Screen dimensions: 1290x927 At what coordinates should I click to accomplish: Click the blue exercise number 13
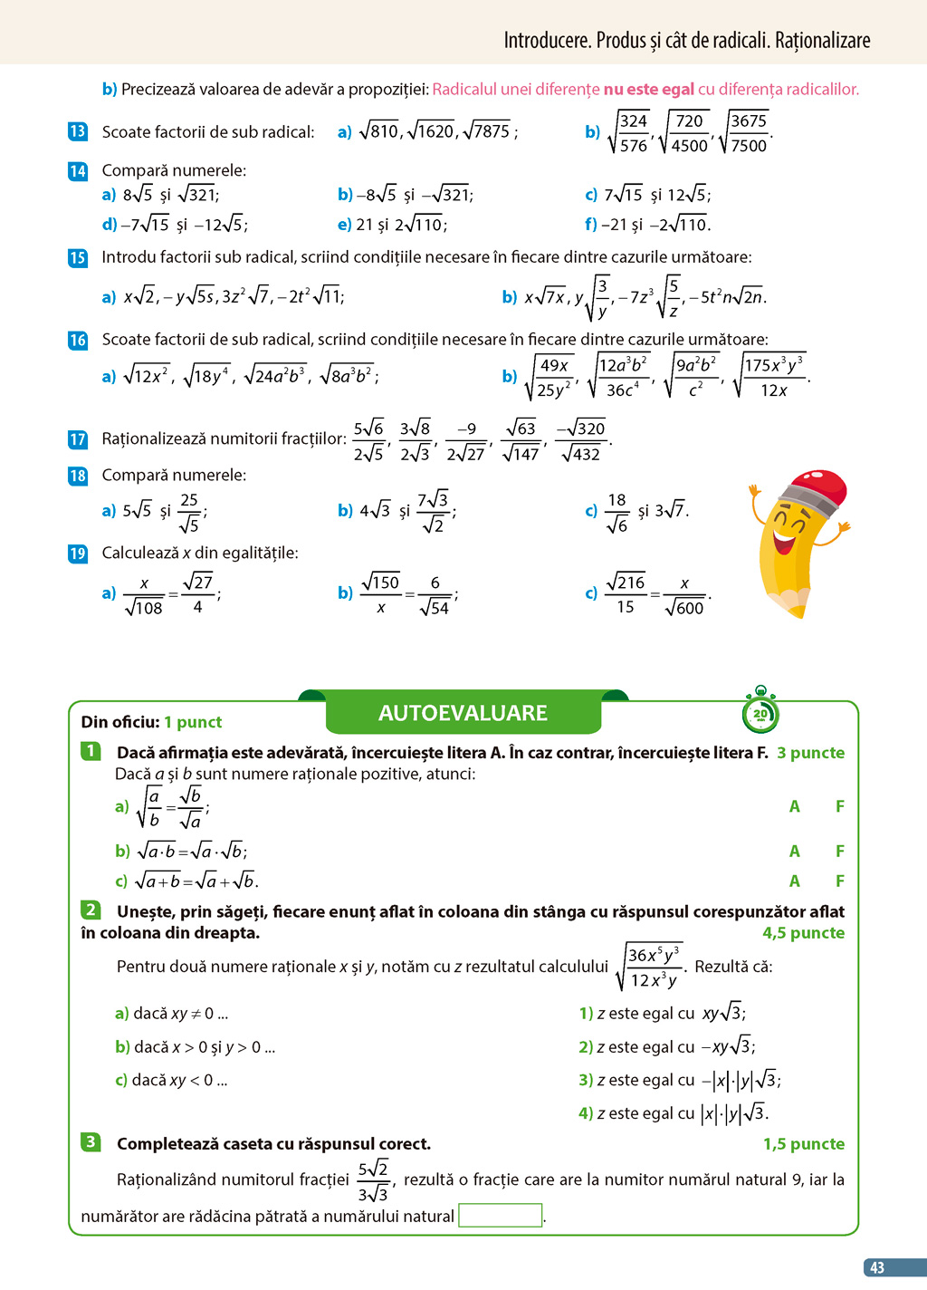pos(78,131)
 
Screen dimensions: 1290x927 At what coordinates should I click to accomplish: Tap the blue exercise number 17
pos(78,439)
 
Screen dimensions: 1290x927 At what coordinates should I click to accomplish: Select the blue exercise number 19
pos(78,554)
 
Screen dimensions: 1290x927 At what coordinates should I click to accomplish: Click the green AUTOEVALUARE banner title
pos(463,713)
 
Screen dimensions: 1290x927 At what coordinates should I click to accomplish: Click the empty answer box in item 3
pos(501,1215)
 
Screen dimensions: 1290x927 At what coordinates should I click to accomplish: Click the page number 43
pos(876,1268)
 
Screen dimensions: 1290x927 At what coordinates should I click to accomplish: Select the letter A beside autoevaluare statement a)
pos(795,806)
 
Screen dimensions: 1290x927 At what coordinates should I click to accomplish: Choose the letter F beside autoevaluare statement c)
pos(840,881)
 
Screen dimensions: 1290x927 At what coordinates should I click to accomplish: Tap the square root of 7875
pos(487,131)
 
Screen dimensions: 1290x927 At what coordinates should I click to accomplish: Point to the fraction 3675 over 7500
pos(748,132)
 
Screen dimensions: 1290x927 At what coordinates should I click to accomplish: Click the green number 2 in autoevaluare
pos(91,910)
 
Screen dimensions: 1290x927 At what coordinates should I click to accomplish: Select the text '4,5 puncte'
pos(803,933)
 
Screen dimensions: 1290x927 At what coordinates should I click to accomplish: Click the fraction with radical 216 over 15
pos(626,593)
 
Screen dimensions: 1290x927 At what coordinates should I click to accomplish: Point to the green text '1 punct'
pos(193,722)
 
